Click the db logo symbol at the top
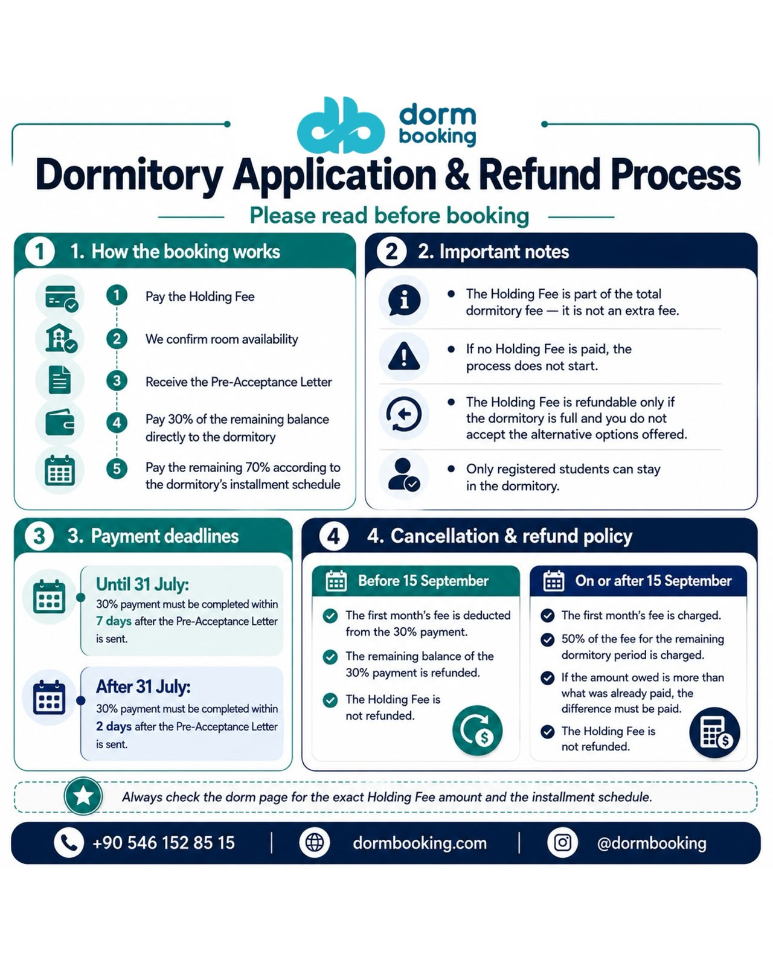click(x=341, y=125)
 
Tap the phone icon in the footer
click(x=69, y=843)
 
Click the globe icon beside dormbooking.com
click(x=315, y=843)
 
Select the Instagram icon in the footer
click(x=562, y=843)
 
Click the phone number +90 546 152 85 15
click(x=164, y=843)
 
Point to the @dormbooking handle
click(x=652, y=843)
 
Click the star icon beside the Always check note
click(x=83, y=796)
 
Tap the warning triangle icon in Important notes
click(x=404, y=356)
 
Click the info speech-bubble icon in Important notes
click(x=404, y=300)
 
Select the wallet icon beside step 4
click(x=60, y=423)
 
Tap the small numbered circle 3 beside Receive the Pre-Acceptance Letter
click(x=117, y=381)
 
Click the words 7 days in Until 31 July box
click(x=114, y=621)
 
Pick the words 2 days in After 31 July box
click(x=114, y=726)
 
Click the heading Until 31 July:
click(x=143, y=584)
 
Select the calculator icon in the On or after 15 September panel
click(x=714, y=732)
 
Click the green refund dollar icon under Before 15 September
click(x=478, y=731)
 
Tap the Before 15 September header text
click(x=423, y=581)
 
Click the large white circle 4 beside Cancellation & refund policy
click(x=334, y=536)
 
